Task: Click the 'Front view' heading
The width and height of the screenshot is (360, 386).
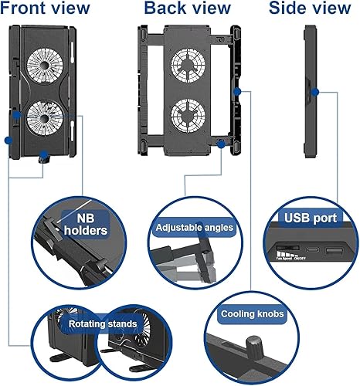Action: (x=46, y=9)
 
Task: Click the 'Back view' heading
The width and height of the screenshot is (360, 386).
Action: (x=186, y=9)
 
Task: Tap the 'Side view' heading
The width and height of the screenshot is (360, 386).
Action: (x=308, y=9)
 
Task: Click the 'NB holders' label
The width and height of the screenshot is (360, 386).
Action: (x=84, y=222)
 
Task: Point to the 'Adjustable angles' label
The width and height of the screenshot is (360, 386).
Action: (x=194, y=228)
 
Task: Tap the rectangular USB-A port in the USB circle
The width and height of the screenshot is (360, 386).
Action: (x=332, y=251)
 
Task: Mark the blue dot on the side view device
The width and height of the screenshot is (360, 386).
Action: (x=317, y=92)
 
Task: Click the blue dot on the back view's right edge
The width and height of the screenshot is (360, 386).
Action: (x=236, y=91)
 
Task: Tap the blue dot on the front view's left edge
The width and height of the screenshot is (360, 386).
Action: (x=8, y=141)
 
